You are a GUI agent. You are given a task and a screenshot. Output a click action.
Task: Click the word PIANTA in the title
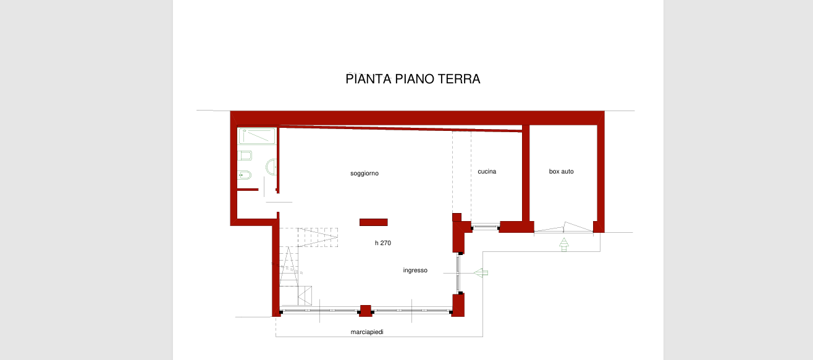pyautogui.click(x=368, y=79)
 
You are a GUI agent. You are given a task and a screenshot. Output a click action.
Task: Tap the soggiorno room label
pyautogui.click(x=364, y=174)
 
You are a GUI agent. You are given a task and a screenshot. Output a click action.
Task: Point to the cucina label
pyautogui.click(x=487, y=171)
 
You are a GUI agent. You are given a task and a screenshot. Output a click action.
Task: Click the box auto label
pyautogui.click(x=561, y=171)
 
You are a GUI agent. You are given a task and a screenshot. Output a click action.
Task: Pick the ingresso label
pyautogui.click(x=415, y=270)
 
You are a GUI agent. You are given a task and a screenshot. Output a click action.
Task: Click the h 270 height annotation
pyautogui.click(x=383, y=243)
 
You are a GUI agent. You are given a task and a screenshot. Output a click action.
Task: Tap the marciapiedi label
pyautogui.click(x=367, y=332)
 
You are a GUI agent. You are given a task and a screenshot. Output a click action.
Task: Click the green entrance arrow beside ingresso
pyautogui.click(x=481, y=273)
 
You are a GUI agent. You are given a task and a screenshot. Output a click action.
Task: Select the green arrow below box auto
pyautogui.click(x=563, y=245)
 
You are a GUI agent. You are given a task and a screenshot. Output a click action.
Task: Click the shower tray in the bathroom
pyautogui.click(x=257, y=136)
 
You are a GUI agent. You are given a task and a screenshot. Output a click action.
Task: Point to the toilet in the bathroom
pyautogui.click(x=245, y=156)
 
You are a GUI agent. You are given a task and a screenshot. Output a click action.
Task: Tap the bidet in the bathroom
pyautogui.click(x=245, y=175)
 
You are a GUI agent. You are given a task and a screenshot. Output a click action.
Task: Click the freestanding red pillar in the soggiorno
pyautogui.click(x=374, y=222)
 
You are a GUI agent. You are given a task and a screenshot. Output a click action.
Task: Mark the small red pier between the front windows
pyautogui.click(x=366, y=311)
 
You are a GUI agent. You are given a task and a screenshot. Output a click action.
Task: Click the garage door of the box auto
pyautogui.click(x=563, y=228)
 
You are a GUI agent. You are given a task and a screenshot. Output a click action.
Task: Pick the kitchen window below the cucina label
pyautogui.click(x=486, y=227)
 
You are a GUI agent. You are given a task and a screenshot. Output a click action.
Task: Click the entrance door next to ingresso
pyautogui.click(x=458, y=273)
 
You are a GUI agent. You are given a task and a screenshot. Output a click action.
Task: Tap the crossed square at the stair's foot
pyautogui.click(x=305, y=296)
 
